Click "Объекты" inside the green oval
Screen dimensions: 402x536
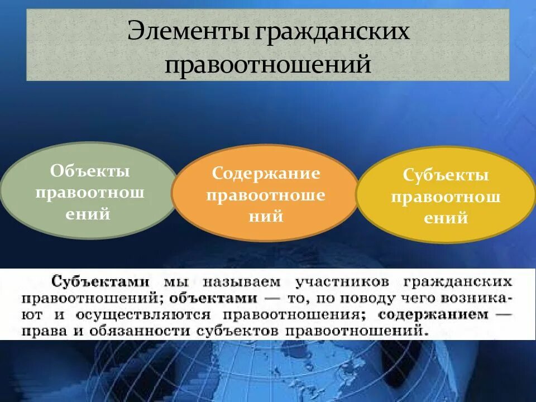[90, 170]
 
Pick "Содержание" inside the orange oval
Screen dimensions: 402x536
[266, 173]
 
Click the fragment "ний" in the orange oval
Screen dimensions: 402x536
[266, 217]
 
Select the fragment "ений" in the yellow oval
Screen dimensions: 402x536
[446, 218]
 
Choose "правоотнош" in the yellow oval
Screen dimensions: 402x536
[446, 197]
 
